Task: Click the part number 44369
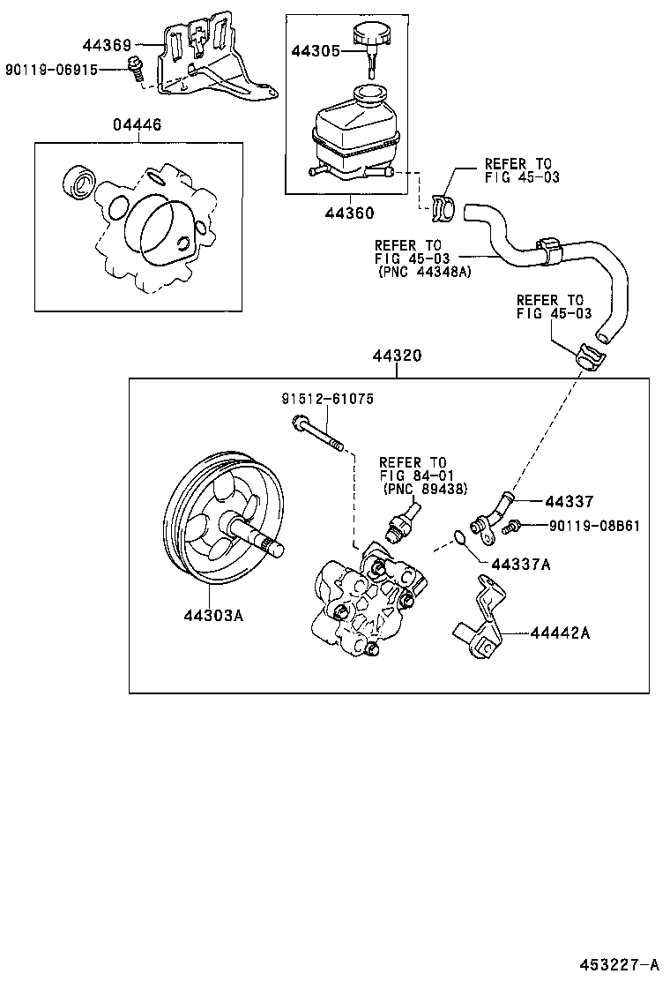click(107, 44)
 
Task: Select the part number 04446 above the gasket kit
click(137, 125)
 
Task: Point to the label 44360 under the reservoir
click(348, 213)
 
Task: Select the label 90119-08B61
click(594, 527)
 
